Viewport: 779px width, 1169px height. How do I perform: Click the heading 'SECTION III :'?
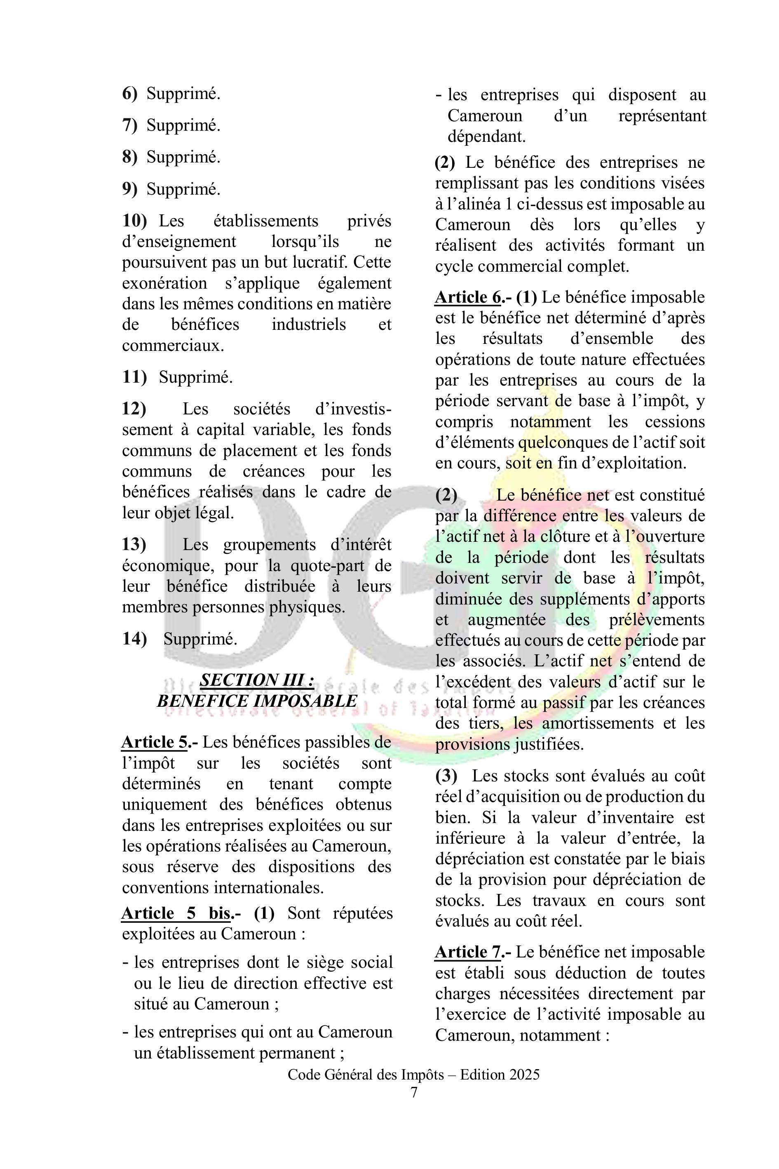(x=257, y=680)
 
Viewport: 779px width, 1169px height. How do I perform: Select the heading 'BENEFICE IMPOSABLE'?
(x=257, y=701)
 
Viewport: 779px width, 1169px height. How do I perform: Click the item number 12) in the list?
(x=134, y=409)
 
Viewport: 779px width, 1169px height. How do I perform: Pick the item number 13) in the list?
(x=134, y=545)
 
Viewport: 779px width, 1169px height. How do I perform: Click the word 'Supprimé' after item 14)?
(x=200, y=639)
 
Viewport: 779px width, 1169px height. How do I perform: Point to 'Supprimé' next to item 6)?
(x=183, y=94)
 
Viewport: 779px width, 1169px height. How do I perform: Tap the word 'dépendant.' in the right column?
(x=486, y=136)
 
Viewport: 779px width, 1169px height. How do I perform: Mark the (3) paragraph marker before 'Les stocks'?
(x=446, y=776)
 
